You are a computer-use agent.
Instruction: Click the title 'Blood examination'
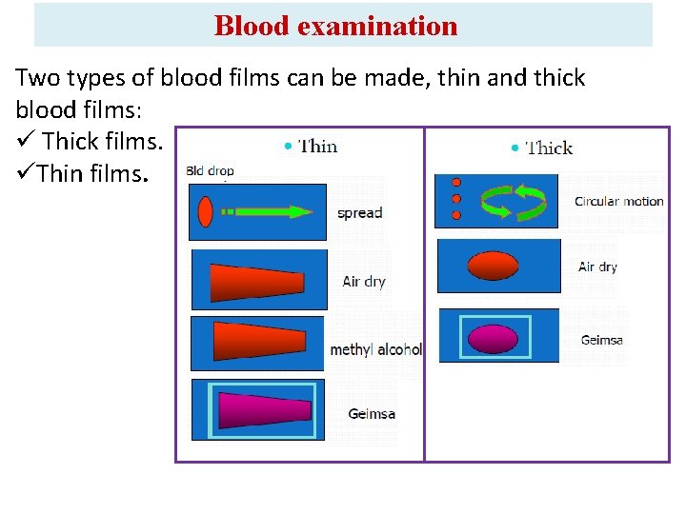pos(335,26)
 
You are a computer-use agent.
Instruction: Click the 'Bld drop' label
pos(210,171)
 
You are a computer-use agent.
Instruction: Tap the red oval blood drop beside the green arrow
pos(205,211)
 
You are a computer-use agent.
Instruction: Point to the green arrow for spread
pos(267,211)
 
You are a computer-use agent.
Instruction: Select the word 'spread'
pos(359,213)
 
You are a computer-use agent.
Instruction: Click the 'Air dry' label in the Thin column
pos(364,282)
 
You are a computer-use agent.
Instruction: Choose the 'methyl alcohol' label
pos(375,349)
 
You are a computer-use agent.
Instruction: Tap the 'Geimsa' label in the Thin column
pos(372,414)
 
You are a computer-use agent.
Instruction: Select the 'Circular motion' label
pos(618,202)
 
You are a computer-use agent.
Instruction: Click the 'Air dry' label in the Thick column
pos(597,267)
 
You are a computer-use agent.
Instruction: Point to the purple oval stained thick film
pos(494,336)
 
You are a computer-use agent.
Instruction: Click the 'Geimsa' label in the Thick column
pos(601,340)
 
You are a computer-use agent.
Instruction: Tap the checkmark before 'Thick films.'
pos(26,142)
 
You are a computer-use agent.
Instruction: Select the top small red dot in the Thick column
pos(456,182)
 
